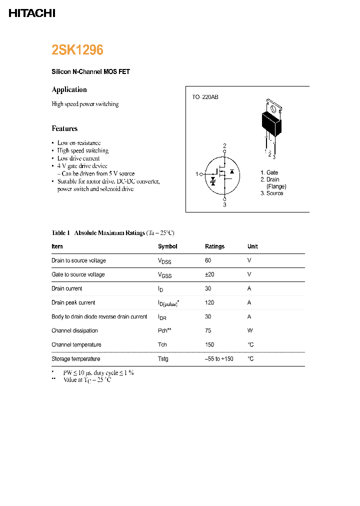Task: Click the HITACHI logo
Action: [x=32, y=13]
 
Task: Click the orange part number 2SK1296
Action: [x=77, y=50]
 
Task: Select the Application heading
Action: [x=69, y=89]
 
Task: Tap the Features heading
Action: [x=64, y=128]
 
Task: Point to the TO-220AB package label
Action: [x=205, y=97]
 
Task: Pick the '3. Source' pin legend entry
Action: [x=271, y=193]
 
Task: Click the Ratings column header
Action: [x=214, y=246]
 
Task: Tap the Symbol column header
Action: [x=167, y=246]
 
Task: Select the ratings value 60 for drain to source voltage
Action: [x=208, y=260]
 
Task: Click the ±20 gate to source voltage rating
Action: [x=210, y=274]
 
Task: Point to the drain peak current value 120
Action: [x=209, y=302]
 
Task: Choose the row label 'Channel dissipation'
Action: [x=74, y=330]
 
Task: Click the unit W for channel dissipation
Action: [x=249, y=330]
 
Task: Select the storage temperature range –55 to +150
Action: [x=219, y=359]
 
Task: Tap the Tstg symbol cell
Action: [x=163, y=359]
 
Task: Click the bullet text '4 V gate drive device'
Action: [x=82, y=165]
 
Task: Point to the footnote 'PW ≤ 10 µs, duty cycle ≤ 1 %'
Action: [x=98, y=373]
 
